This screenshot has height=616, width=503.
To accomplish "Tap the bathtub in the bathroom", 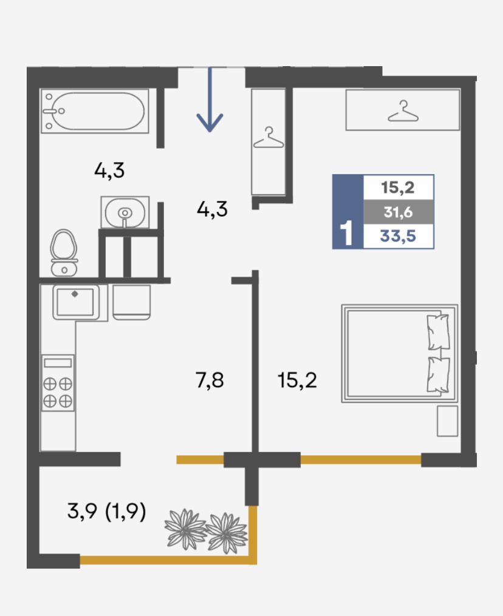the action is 95,111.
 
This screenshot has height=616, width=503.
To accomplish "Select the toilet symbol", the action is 64,252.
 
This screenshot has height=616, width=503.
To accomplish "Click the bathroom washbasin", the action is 125,212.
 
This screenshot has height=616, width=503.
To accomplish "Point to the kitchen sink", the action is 75,302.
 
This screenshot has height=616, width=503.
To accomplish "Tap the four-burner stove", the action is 58,383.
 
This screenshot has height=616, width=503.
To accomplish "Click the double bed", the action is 400,353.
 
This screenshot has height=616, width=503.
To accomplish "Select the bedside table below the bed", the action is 448,421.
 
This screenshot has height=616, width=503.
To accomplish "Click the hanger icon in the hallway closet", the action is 269,138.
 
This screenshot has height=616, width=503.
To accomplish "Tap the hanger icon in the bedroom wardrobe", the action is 403,111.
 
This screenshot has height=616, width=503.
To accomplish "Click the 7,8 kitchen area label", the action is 210,381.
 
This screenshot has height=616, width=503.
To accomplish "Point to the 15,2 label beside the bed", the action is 297,381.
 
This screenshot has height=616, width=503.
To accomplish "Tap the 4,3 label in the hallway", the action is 212,209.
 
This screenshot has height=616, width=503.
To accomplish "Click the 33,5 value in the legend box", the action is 398,237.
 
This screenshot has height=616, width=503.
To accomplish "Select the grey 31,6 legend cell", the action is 399,212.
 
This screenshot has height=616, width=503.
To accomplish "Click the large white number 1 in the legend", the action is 346,233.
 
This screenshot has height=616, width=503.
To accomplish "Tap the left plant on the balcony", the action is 185,529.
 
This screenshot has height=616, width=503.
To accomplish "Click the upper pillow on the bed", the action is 439,332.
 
